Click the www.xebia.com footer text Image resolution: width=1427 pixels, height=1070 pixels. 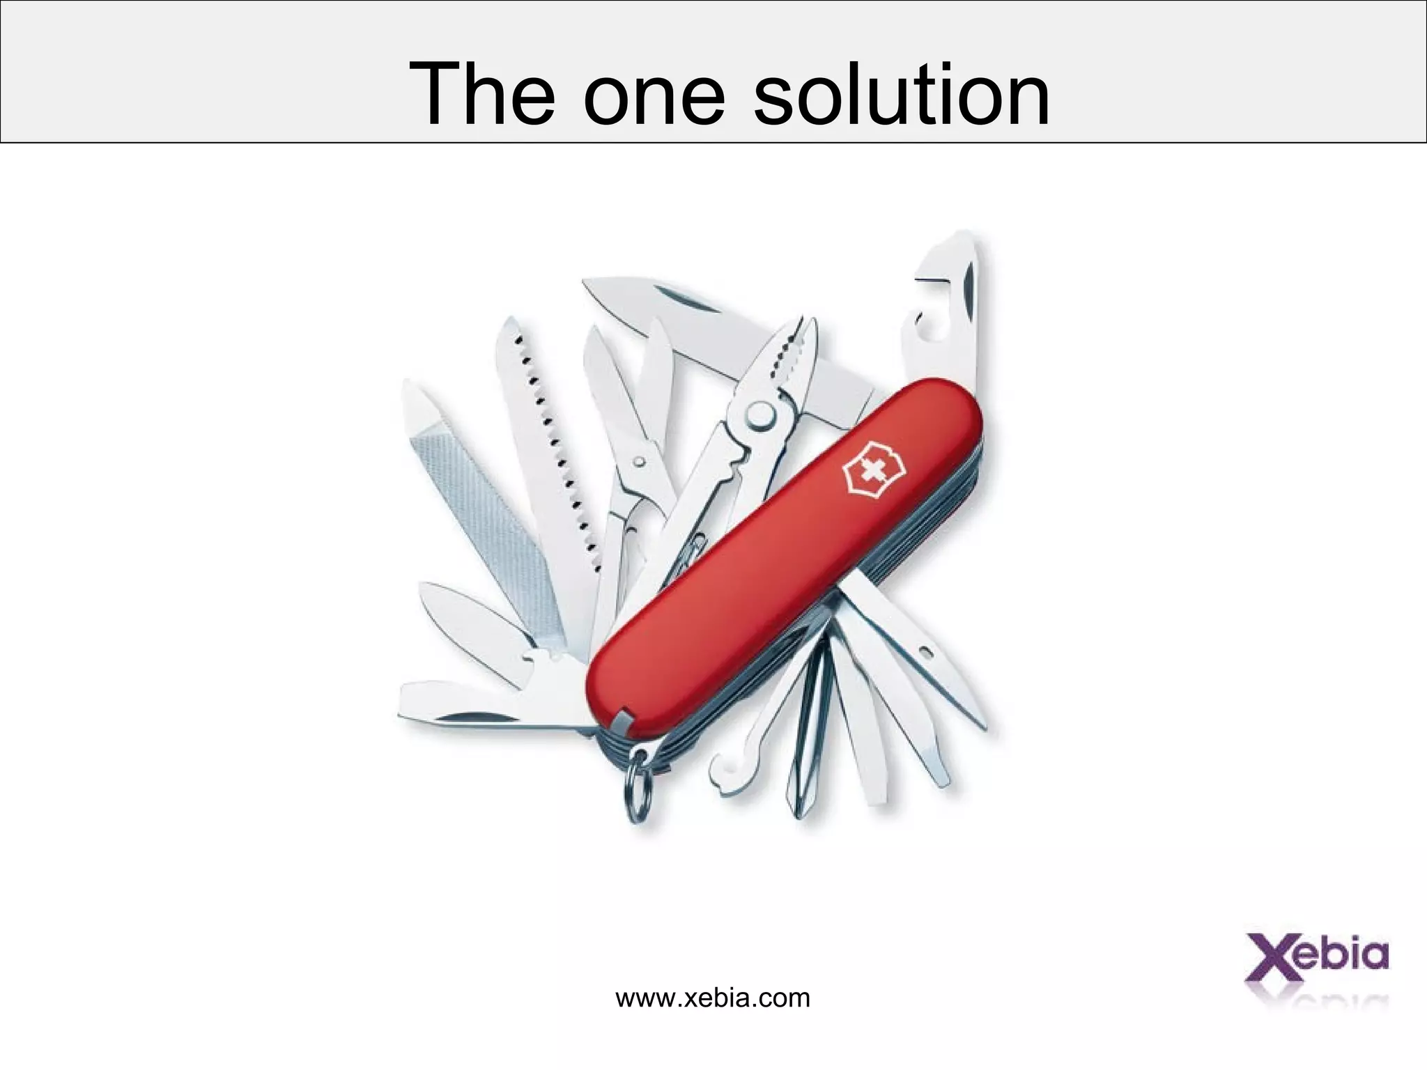[x=713, y=998]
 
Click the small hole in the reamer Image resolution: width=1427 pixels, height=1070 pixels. [x=926, y=652]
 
